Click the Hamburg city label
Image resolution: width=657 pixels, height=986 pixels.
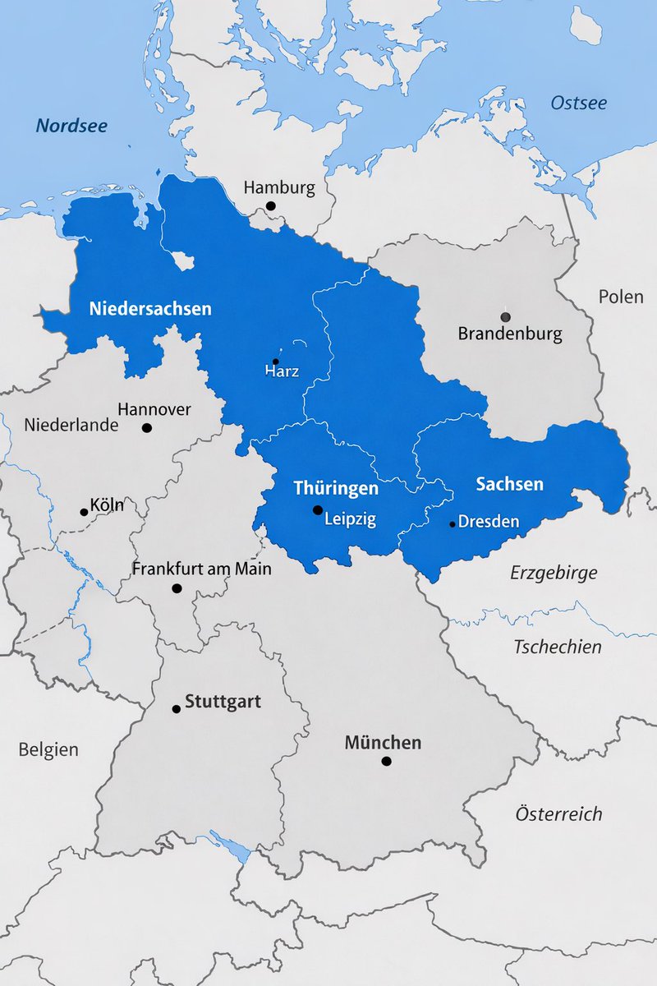[x=279, y=187]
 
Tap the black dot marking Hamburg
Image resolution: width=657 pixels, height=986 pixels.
[x=270, y=206]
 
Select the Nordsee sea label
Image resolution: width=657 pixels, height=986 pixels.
[x=71, y=126]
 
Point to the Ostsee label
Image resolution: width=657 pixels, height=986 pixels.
[x=579, y=103]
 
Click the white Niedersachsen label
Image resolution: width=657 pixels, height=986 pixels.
[x=150, y=309]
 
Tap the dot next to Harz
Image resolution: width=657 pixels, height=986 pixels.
[x=276, y=362]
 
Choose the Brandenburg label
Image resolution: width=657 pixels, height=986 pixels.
[x=510, y=334]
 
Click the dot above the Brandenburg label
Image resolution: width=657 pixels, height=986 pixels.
[x=505, y=316]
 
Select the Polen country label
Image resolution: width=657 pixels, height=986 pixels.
[x=621, y=297]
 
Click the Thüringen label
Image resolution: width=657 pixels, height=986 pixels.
[x=336, y=488]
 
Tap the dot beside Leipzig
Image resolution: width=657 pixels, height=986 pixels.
[x=318, y=510]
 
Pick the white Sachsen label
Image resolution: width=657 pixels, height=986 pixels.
[x=509, y=484]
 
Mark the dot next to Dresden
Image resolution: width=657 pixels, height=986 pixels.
[x=452, y=523]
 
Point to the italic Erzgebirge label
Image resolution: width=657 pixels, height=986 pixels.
[x=554, y=573]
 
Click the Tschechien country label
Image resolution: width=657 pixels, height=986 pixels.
[x=558, y=647]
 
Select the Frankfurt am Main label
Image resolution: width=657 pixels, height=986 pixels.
[x=202, y=569]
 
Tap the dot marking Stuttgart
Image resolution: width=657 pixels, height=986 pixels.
[x=176, y=708]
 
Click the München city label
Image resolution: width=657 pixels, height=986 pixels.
[x=383, y=743]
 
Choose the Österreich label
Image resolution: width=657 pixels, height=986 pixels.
[x=558, y=814]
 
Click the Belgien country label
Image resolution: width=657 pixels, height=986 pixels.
[x=48, y=749]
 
